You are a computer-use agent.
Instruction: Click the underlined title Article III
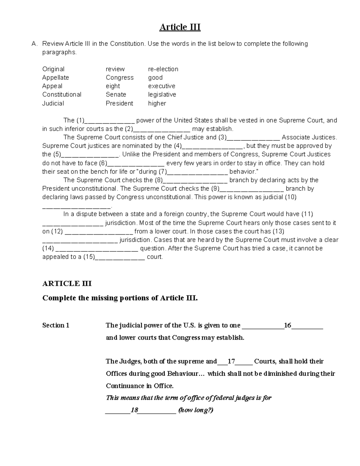pos(180,27)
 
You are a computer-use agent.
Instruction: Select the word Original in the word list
pos(53,69)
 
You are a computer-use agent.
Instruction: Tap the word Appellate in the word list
pos(55,77)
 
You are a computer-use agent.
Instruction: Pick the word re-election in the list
pos(163,69)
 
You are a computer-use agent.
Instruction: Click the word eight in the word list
pos(113,86)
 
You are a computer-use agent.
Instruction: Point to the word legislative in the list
pos(162,95)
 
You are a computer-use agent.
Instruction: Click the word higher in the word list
pos(157,103)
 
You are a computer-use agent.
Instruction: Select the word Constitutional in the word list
pos(62,95)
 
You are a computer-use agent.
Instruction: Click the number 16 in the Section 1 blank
pos(287,326)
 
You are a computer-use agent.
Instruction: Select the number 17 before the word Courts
pos(231,361)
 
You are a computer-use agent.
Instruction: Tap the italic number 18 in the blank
pos(134,410)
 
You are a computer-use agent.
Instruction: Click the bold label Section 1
pos(56,325)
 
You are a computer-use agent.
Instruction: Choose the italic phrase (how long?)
pos(196,410)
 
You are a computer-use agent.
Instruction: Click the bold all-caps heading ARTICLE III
pos(67,284)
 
